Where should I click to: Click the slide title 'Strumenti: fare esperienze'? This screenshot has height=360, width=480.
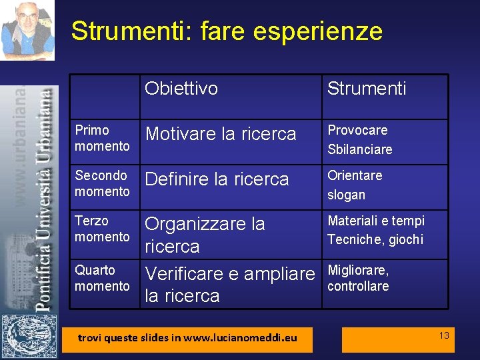pos(227,31)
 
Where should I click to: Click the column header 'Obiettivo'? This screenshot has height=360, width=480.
pos(181,89)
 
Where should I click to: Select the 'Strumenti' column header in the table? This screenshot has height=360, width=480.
pos(367,89)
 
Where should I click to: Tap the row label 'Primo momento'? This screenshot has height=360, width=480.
pos(102,138)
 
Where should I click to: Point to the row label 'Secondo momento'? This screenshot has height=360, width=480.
pos(102,183)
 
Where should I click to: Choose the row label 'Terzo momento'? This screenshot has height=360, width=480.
pos(102,229)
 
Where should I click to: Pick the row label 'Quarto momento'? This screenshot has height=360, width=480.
pos(102,278)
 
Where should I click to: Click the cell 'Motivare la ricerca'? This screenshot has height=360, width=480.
pos(221,134)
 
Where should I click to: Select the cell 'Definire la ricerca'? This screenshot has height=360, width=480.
pos(217,179)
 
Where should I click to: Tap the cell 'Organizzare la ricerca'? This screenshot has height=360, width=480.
pos(205,235)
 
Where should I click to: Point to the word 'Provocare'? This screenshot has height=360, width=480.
pos(357,130)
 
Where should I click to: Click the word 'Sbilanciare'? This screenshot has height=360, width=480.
pos(360,149)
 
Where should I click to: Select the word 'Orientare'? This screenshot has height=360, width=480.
pos(355,175)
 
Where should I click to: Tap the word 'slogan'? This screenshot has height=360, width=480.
pos(346,195)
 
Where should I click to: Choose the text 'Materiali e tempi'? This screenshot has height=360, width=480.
pos(376,221)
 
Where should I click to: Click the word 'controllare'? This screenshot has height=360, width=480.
pos(358,286)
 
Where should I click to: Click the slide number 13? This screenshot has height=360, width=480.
pos(444,335)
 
